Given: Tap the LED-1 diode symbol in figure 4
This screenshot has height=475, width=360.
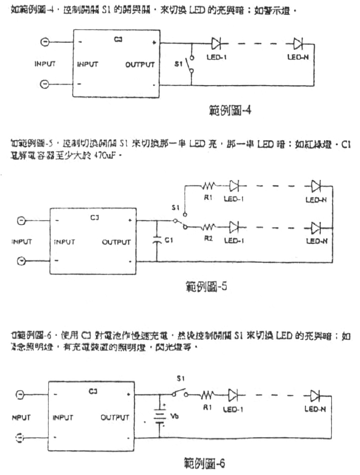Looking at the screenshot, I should point(216,42).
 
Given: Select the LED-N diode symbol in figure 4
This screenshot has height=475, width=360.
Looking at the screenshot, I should point(298,42).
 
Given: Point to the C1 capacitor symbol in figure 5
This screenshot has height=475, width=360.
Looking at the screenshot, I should point(156,240).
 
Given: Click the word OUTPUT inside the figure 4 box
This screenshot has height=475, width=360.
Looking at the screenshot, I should point(140,65).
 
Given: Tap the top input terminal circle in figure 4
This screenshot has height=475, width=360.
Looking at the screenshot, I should point(45,43).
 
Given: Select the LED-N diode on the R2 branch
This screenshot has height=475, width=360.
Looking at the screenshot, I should point(315,227).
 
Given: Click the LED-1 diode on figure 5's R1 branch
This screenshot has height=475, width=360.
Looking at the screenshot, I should point(235,187).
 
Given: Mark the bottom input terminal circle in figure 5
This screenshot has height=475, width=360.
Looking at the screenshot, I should point(21,261).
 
